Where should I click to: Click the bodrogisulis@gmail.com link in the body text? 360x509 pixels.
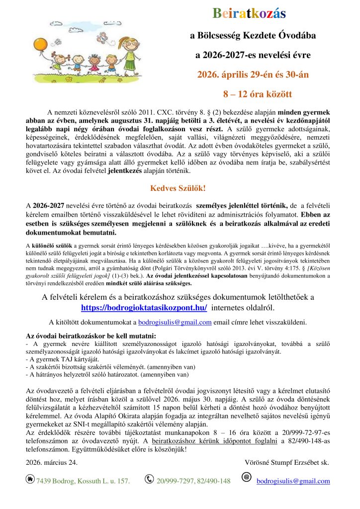(175, 322)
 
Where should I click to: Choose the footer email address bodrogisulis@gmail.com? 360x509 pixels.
(293, 481)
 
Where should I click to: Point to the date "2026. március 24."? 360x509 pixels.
(52, 462)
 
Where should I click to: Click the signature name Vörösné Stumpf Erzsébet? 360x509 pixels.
(286, 462)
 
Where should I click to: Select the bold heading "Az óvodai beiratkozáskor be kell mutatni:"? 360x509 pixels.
(90, 336)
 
